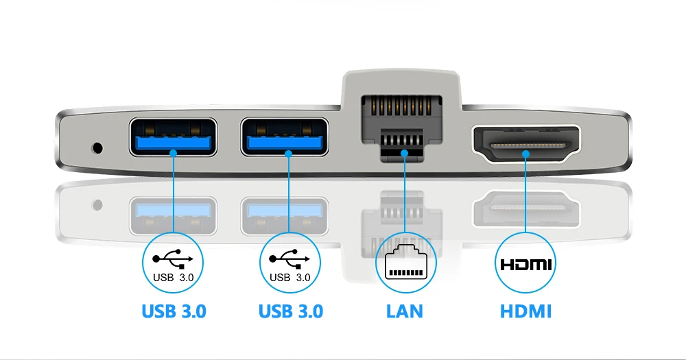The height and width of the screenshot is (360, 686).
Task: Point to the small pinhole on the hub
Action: [97, 147]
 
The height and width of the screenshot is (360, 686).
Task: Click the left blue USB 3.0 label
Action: [174, 311]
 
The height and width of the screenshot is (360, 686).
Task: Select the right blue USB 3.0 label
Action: [290, 311]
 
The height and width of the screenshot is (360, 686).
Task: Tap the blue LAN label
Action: [404, 311]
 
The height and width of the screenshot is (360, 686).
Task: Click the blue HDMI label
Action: [525, 311]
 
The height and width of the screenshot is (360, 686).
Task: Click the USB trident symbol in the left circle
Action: [173, 258]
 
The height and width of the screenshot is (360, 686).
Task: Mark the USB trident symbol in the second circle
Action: [289, 258]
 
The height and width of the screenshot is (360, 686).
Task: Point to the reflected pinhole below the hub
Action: [98, 204]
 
